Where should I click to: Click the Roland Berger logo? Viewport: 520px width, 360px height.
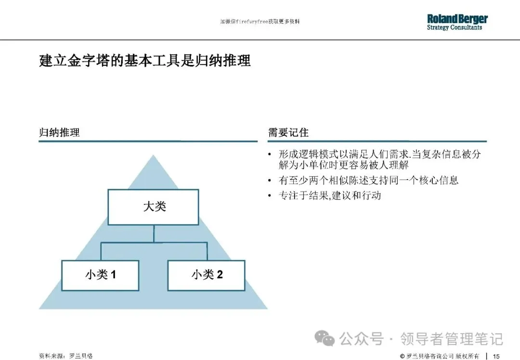(457, 19)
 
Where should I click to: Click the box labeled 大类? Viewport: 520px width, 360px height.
(153, 207)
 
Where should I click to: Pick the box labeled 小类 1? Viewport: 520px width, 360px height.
(100, 275)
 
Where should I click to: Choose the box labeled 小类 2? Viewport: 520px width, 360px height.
(206, 275)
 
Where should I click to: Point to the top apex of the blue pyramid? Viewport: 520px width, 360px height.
(153, 156)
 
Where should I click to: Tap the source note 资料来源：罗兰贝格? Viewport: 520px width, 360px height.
(65, 356)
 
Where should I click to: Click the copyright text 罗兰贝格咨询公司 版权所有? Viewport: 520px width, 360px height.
(443, 356)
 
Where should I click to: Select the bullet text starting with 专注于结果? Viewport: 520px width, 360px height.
(330, 196)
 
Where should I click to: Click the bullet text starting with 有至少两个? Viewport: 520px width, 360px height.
(368, 180)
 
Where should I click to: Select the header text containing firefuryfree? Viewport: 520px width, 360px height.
(263, 22)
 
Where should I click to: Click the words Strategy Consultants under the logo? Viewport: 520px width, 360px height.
(454, 28)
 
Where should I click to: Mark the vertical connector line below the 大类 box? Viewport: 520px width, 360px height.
(153, 234)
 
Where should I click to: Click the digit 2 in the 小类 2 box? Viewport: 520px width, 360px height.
(220, 275)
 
